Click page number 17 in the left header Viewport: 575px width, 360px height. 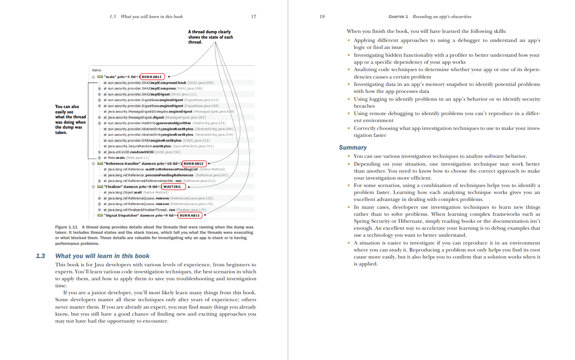(253, 16)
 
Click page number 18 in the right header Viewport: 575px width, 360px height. (322, 16)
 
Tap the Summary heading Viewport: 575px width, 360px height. (352, 148)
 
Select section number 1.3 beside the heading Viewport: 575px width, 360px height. (40, 256)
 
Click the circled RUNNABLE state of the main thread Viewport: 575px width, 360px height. (152, 77)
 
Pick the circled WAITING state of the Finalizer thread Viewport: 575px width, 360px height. (172, 187)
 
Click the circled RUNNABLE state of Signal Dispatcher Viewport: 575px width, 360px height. (190, 215)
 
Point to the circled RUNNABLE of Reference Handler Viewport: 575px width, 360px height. (193, 164)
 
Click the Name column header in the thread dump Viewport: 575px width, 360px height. (97, 70)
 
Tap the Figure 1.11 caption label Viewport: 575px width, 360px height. (66, 227)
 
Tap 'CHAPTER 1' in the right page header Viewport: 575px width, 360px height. (398, 17)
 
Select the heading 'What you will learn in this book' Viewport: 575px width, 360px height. (102, 256)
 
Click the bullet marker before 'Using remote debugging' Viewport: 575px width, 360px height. (349, 113)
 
